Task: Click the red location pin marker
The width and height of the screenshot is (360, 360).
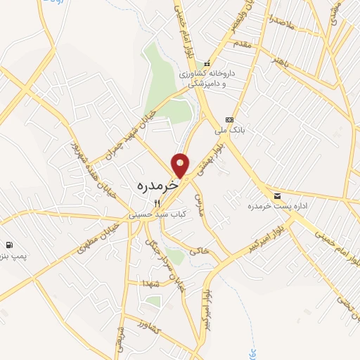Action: [181, 165]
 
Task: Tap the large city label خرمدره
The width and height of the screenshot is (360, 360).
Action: [154, 188]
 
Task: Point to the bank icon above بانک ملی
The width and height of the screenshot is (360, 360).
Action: [229, 120]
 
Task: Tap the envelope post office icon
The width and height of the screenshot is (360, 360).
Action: [277, 195]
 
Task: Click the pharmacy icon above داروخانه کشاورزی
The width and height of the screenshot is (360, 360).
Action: [207, 64]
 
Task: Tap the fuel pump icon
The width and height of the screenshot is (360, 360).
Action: [8, 245]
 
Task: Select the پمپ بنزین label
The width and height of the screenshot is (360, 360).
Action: [12, 256]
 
